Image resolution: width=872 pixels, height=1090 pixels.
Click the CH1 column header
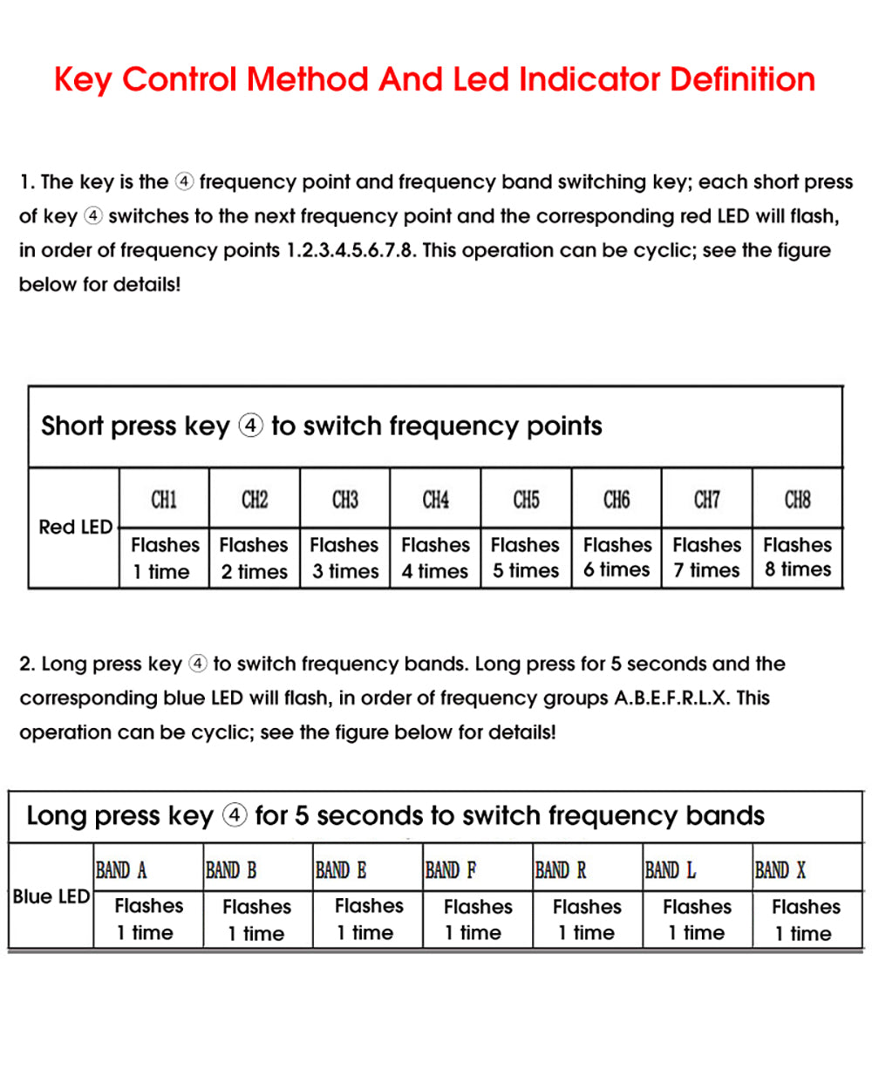point(164,500)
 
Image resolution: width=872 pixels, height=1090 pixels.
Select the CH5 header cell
point(526,500)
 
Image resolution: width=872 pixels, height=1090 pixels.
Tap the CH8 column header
point(797,500)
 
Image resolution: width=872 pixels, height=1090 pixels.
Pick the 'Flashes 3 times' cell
point(344,558)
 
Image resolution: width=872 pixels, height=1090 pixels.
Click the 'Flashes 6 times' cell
point(617,557)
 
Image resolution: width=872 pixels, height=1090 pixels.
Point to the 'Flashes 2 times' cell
point(254,558)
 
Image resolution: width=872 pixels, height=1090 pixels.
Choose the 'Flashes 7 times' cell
point(706,557)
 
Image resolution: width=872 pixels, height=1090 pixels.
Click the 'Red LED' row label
point(75,527)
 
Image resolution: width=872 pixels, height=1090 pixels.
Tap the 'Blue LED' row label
point(51,896)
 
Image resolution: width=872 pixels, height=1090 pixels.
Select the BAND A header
point(121,870)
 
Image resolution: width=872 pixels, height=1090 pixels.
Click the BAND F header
point(451,870)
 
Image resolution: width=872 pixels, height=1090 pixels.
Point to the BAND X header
point(780,870)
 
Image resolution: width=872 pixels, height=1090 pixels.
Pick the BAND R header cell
point(561,870)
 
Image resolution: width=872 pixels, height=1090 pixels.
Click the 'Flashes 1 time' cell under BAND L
point(697,920)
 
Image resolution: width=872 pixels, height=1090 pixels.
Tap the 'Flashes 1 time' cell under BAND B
point(256,920)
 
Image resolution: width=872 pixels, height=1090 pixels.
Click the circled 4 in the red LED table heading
point(250,426)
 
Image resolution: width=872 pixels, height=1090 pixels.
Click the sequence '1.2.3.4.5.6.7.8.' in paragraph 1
point(351,251)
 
